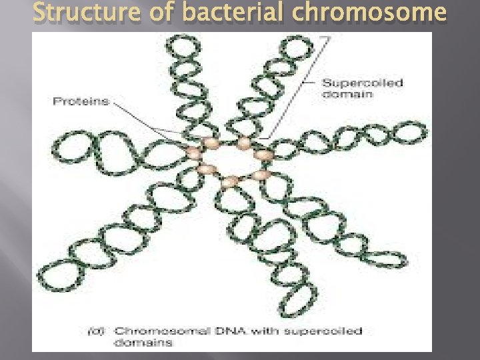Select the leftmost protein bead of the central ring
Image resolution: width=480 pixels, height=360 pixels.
pos(194,154)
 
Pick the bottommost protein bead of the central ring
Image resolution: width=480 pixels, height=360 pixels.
pos(230,181)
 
